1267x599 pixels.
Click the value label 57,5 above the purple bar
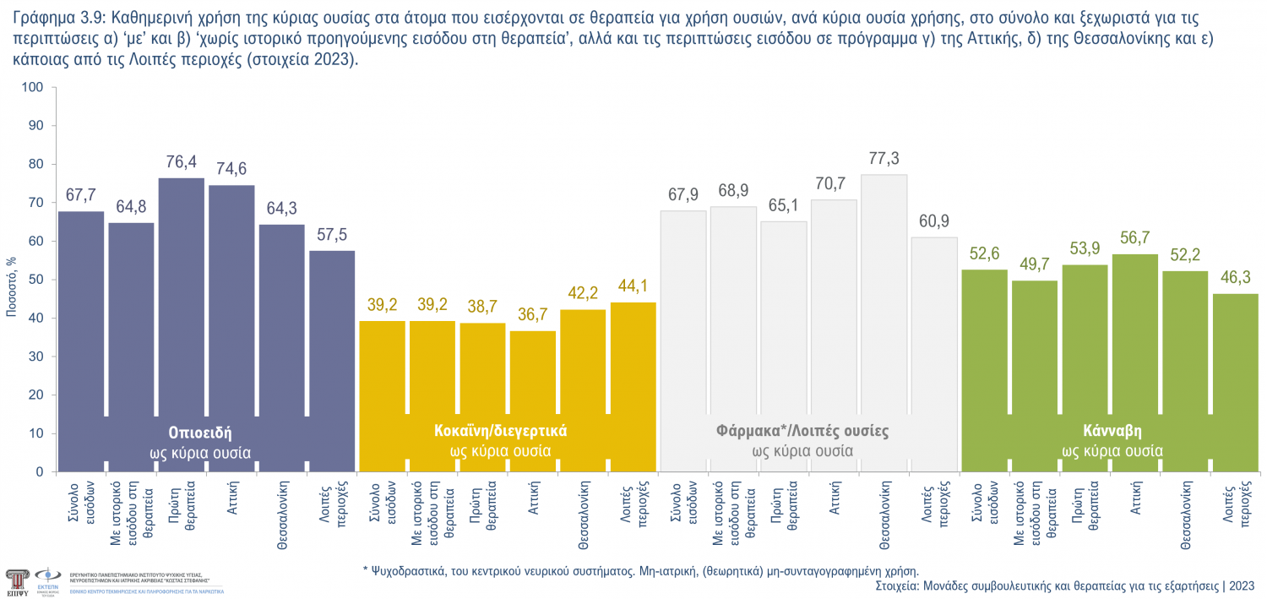click(332, 234)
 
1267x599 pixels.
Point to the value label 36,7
click(532, 314)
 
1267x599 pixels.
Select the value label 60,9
click(933, 221)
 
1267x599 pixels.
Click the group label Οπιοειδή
click(200, 430)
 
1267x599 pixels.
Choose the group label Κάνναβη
click(1112, 430)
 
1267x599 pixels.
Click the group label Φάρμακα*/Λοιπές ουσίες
click(802, 430)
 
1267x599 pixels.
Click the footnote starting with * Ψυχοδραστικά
click(640, 570)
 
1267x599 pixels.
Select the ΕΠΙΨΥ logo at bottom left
click(16, 580)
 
